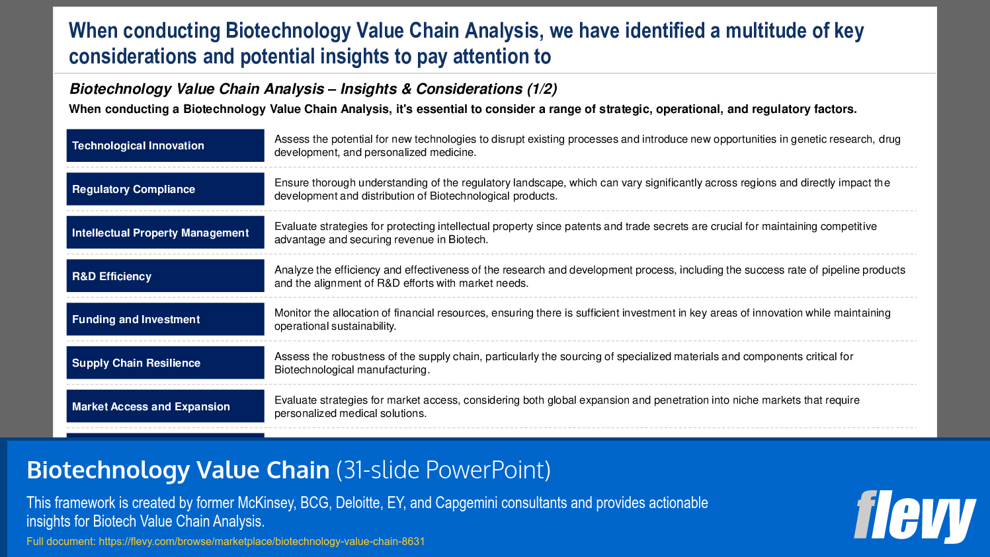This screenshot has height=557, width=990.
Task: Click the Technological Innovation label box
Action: point(165,145)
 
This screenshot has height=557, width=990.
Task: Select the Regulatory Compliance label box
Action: point(165,189)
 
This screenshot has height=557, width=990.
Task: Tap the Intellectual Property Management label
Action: point(165,233)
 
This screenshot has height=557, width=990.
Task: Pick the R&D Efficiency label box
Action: point(165,276)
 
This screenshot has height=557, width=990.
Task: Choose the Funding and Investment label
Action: point(165,319)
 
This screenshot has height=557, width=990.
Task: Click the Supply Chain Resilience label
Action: point(165,363)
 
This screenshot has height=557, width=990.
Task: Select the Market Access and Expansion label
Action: point(165,406)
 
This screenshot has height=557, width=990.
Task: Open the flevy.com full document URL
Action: point(261,541)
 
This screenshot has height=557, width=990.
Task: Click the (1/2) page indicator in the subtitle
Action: point(542,89)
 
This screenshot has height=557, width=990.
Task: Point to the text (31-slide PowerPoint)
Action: point(443,470)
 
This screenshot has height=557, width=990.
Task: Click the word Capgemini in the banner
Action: point(466,503)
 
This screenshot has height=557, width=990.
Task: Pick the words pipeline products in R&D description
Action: point(863,270)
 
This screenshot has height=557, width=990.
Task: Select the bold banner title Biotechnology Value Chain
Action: point(178,470)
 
